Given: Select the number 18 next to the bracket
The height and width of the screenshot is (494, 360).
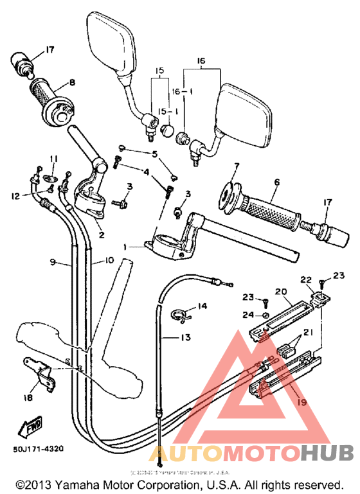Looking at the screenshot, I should [26, 398].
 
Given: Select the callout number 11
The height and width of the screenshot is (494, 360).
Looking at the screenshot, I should [53, 159].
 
